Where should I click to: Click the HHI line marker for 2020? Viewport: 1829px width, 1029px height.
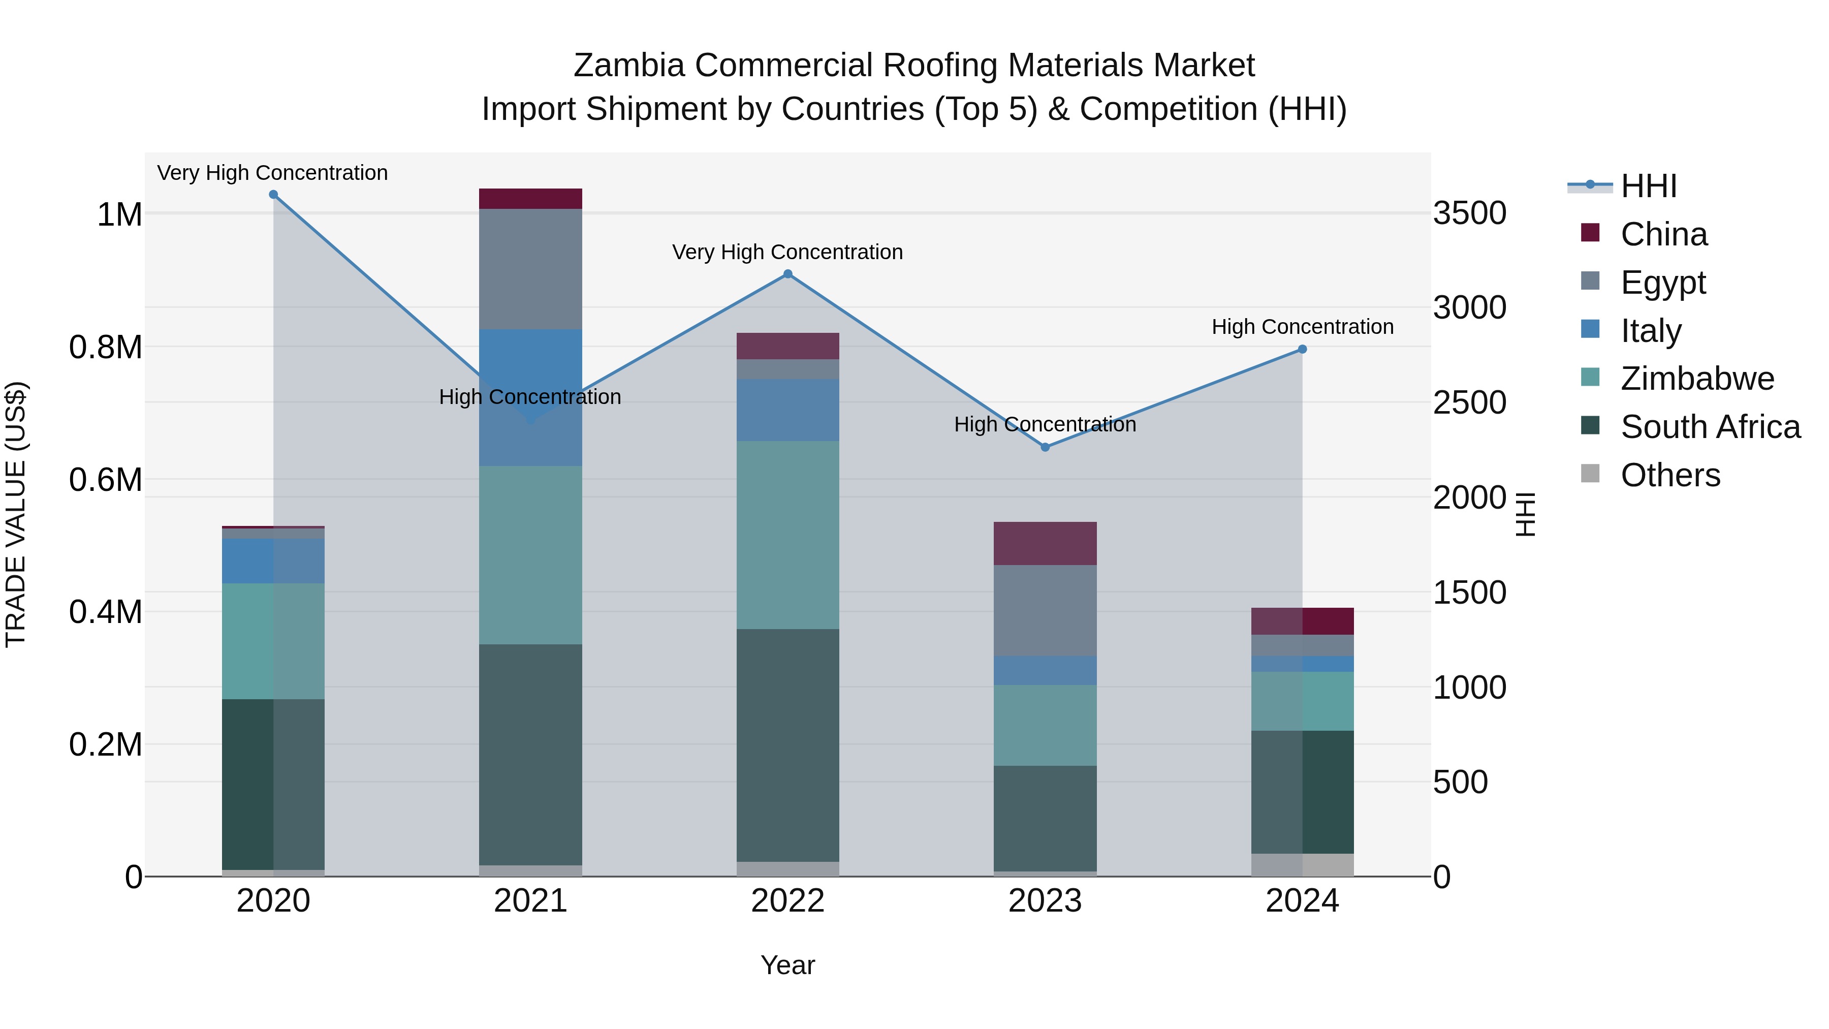tap(273, 195)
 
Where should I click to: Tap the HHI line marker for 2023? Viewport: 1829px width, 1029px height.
tap(1045, 447)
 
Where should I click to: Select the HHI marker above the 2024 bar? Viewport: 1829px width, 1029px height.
tap(1302, 350)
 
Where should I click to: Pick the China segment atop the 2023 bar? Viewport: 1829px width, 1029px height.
tap(1045, 543)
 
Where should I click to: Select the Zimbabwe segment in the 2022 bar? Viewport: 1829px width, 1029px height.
tap(787, 534)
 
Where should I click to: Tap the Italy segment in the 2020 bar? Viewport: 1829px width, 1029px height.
tap(273, 560)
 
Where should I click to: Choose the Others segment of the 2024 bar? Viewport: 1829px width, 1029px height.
tap(1302, 864)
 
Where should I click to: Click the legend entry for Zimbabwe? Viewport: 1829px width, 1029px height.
tap(1697, 379)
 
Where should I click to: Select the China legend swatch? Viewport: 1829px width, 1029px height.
tap(1590, 233)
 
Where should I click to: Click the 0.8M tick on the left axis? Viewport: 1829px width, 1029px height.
tap(105, 347)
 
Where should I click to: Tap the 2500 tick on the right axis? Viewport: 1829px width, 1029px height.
tap(1469, 402)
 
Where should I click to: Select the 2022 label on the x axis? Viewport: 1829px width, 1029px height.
tap(787, 901)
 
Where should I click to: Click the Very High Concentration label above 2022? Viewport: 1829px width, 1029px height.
tap(787, 252)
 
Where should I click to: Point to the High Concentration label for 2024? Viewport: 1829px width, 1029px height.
tap(1302, 327)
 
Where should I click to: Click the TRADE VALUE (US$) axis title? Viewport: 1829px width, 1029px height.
tap(16, 514)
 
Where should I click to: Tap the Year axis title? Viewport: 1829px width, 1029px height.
tap(787, 965)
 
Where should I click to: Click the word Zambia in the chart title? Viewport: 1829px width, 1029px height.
tap(628, 66)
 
